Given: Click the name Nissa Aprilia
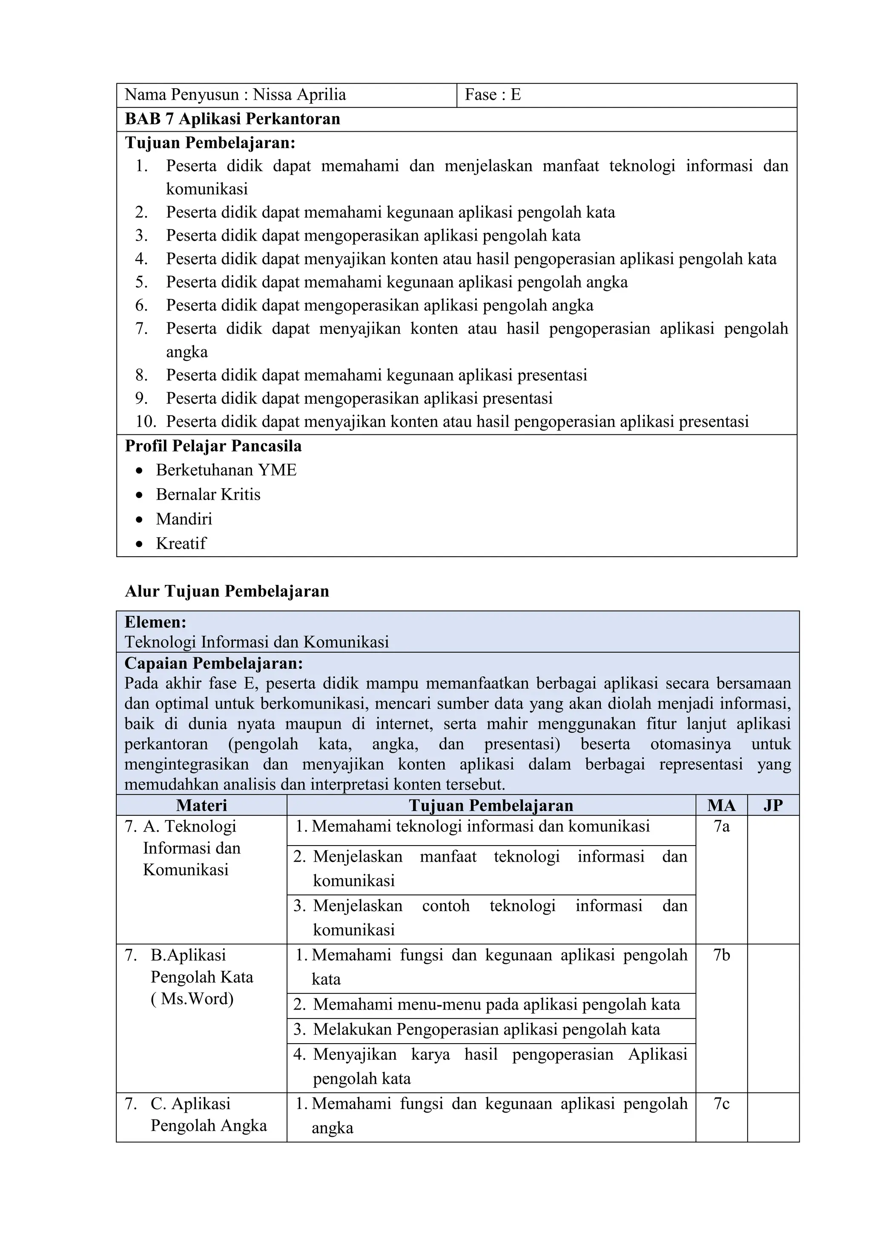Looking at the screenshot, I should pos(299,95).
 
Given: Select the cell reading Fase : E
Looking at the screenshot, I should pos(493,95).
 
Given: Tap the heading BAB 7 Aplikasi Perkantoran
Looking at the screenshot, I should pos(232,119).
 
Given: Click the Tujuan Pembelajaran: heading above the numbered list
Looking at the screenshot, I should pos(210,143).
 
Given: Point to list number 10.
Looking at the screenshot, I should pos(145,421).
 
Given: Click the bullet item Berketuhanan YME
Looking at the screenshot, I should pos(226,470).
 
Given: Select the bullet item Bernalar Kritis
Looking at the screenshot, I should pos(208,495).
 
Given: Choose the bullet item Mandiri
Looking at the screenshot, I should pos(184,519).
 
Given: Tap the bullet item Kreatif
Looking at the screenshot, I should pos(181,544).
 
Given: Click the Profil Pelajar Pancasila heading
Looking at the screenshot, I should pos(213,446).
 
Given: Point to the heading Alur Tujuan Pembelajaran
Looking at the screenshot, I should pos(227,591).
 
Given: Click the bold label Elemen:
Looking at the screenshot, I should pos(156,622).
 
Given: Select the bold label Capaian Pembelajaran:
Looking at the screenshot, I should pos(214,663).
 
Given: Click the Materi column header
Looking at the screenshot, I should pos(201,805).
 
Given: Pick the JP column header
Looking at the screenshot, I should pos(773,805).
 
